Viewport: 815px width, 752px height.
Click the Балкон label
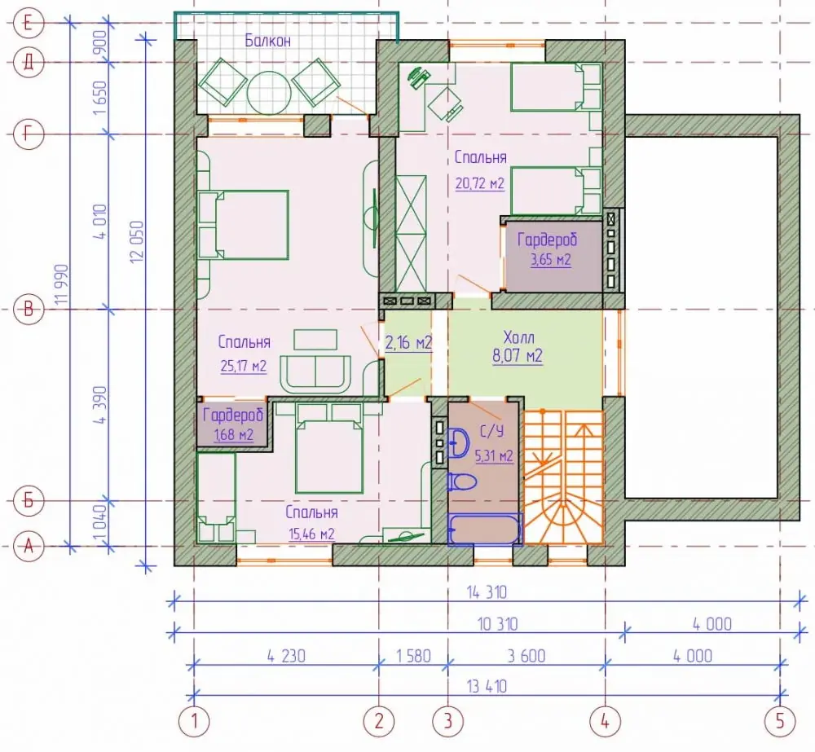tap(267, 41)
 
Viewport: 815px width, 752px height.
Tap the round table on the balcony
tap(267, 94)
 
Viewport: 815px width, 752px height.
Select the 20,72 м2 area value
tap(480, 183)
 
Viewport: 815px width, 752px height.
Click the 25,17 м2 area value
tap(243, 366)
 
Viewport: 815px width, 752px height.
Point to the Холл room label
tap(518, 337)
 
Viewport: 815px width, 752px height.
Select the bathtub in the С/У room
tap(484, 529)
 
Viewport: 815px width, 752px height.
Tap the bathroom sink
tap(458, 442)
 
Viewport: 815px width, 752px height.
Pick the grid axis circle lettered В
tap(29, 310)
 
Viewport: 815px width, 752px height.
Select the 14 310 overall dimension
tap(487, 592)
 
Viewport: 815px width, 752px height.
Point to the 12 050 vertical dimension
tap(137, 242)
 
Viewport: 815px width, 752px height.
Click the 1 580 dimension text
tap(414, 656)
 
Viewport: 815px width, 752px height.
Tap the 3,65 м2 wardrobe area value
tap(550, 259)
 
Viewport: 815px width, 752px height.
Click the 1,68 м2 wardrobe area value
tap(233, 434)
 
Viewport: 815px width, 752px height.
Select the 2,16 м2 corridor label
tap(408, 342)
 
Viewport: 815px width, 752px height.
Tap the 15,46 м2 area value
tap(311, 534)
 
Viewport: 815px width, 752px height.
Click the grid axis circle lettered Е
tap(29, 23)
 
